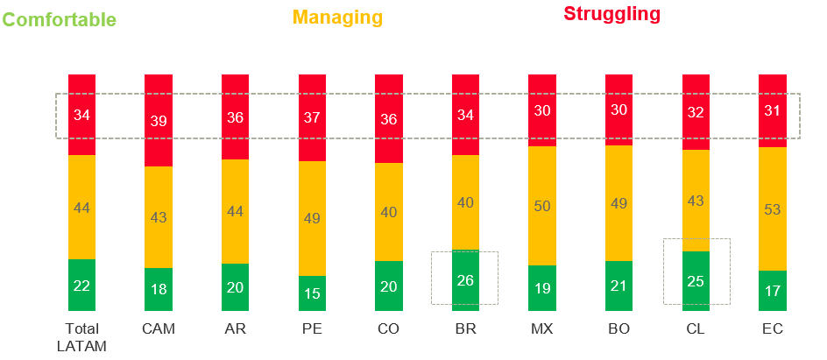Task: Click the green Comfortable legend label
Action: point(59,20)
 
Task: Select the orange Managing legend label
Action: point(337,18)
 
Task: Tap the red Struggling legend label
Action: point(611,14)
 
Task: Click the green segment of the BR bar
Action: point(465,280)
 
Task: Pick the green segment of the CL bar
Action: point(696,281)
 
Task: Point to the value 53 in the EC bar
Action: point(772,209)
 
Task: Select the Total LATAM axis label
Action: point(81,337)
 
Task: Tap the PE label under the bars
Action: point(312,329)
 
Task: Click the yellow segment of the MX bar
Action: point(542,206)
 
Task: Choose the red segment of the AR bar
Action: point(235,117)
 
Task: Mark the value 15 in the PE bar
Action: point(312,293)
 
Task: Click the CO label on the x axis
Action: point(388,329)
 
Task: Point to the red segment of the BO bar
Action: point(618,110)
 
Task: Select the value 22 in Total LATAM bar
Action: point(81,286)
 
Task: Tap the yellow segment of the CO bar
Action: point(388,212)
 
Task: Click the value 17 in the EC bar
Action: point(772,291)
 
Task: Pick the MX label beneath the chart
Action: point(542,329)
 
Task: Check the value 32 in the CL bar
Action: point(696,112)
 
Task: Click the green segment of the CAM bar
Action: point(158,289)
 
